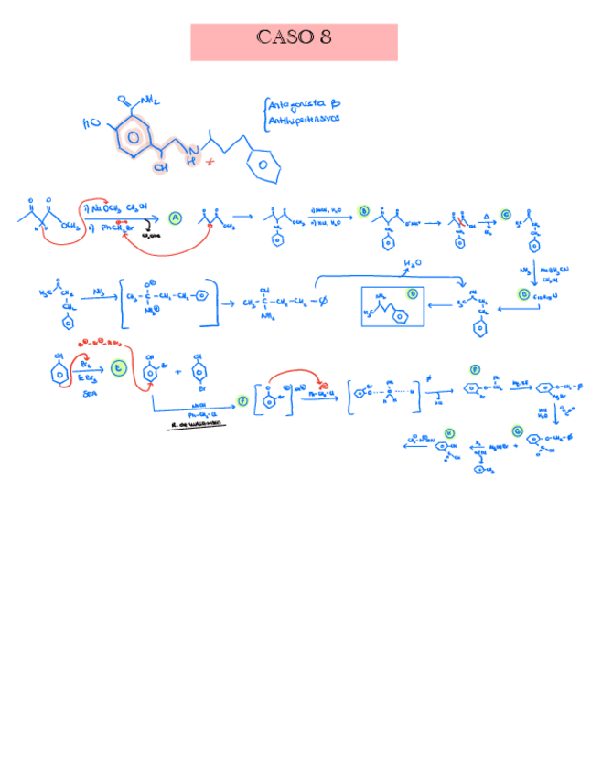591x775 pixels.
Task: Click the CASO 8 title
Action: pyautogui.click(x=294, y=38)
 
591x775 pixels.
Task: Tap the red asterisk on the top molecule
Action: pyautogui.click(x=210, y=162)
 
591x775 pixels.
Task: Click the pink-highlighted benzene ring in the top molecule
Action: pyautogui.click(x=134, y=140)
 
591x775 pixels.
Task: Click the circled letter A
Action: pyautogui.click(x=176, y=217)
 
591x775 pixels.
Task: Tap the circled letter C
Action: pyautogui.click(x=505, y=214)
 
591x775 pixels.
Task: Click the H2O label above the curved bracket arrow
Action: pyautogui.click(x=413, y=263)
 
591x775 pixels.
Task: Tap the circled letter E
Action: pyautogui.click(x=117, y=367)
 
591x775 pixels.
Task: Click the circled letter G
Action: pyautogui.click(x=518, y=430)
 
